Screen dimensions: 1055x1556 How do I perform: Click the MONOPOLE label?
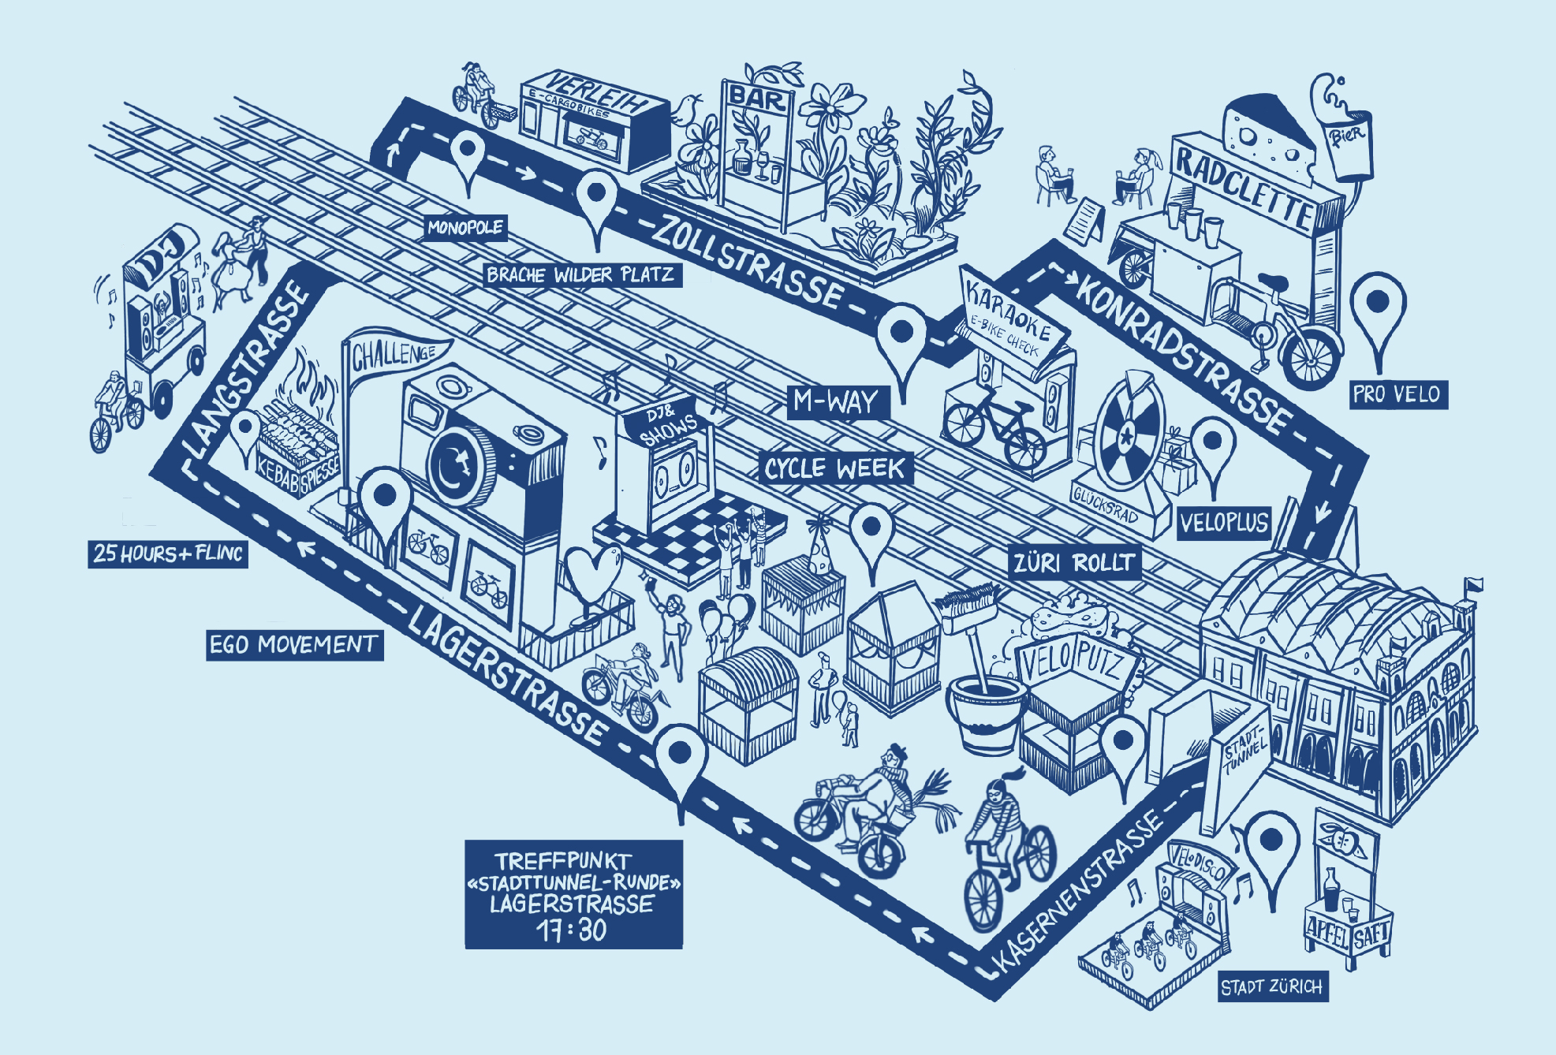(465, 228)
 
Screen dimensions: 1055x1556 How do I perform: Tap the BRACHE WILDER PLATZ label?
(580, 274)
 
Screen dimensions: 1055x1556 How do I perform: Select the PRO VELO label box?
(1397, 393)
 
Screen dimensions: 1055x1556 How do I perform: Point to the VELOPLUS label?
(1224, 522)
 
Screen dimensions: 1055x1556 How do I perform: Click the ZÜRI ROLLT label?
(1074, 563)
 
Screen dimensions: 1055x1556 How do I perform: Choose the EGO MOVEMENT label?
(293, 645)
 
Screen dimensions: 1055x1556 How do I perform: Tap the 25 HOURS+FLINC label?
(167, 553)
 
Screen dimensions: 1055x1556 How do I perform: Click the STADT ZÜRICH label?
(1271, 987)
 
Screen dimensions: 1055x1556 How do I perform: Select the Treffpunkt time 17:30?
(573, 930)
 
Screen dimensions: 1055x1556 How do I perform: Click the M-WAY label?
(836, 402)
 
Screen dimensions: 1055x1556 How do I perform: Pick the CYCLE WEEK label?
(835, 468)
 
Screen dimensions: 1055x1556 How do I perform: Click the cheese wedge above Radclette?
(1262, 134)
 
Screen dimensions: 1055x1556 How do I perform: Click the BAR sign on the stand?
(758, 97)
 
